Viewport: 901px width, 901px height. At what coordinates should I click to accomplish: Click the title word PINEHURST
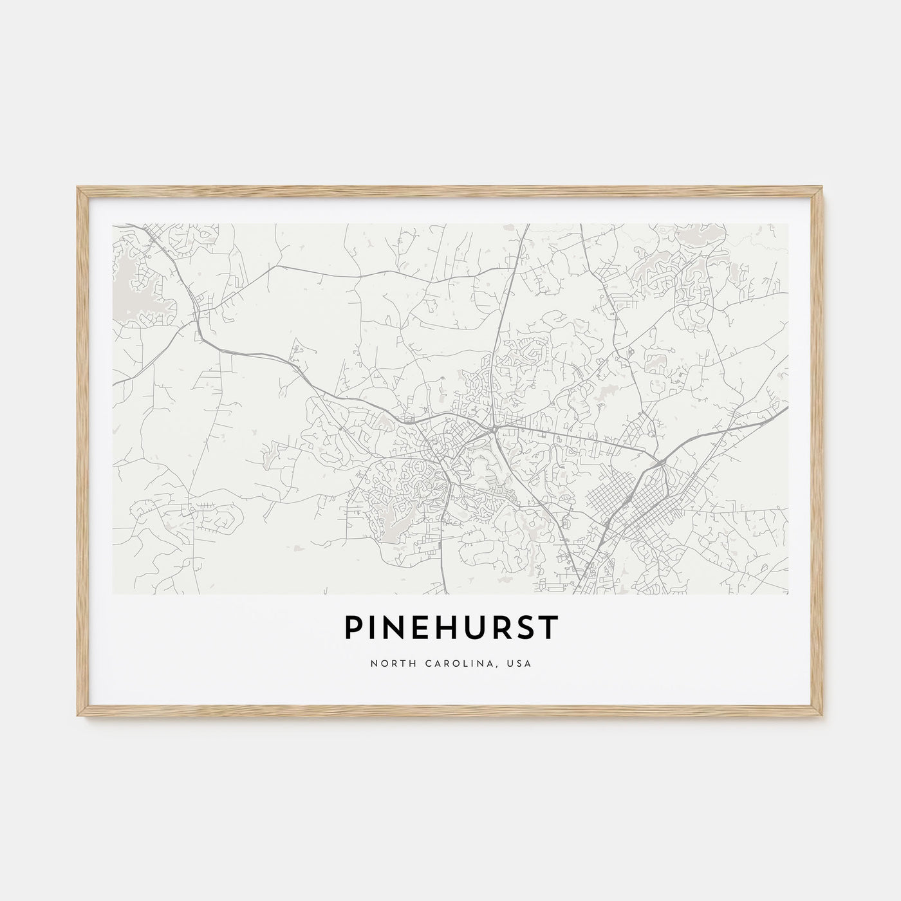click(450, 629)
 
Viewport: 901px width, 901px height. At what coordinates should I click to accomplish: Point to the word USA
click(522, 664)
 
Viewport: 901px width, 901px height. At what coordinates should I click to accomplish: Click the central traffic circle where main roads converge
click(492, 427)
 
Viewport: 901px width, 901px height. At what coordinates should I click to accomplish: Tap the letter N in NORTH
click(374, 664)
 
